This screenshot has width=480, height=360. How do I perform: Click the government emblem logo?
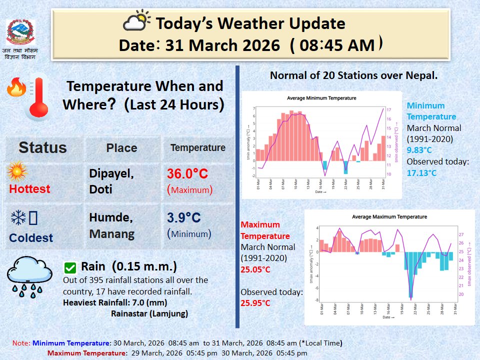click(20, 32)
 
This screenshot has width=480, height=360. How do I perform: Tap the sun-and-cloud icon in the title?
click(136, 22)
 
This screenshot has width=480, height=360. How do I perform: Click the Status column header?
click(42, 147)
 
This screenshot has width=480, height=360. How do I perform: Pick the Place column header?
click(121, 148)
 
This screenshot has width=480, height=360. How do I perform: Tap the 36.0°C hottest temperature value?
click(187, 174)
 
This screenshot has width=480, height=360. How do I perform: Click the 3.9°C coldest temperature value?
click(183, 218)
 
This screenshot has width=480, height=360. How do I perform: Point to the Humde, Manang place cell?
click(111, 225)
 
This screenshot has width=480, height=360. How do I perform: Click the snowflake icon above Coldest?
click(18, 217)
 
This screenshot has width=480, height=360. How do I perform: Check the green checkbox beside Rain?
click(70, 267)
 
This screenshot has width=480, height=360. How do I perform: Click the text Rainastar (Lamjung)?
click(149, 314)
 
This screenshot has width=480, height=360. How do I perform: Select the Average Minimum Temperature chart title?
click(321, 98)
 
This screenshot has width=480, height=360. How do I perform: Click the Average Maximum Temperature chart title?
click(389, 216)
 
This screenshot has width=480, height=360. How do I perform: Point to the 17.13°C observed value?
click(421, 173)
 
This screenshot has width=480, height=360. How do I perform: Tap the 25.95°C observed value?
click(255, 303)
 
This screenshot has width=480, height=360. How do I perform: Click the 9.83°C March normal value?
click(419, 149)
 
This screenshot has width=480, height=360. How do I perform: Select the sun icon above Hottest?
click(17, 172)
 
